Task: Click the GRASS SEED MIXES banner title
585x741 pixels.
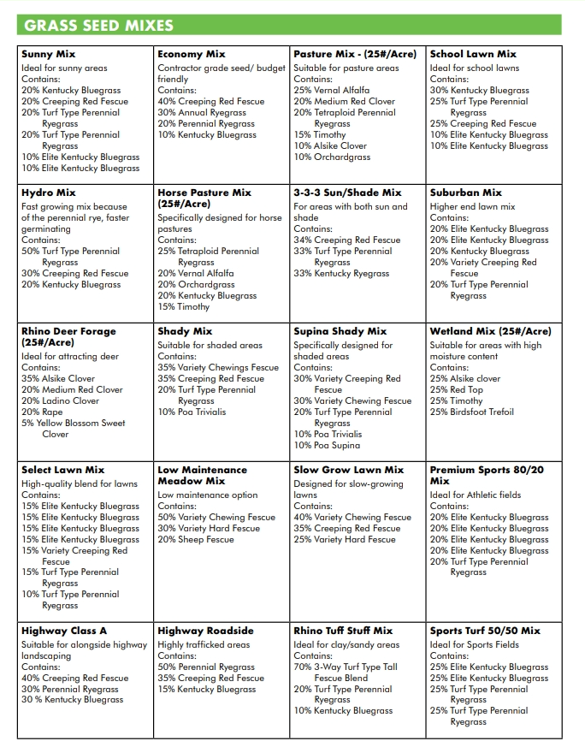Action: point(99,25)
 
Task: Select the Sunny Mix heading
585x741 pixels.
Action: point(48,54)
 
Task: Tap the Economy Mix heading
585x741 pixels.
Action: point(191,54)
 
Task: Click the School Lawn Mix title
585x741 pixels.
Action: point(473,54)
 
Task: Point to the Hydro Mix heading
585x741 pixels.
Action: point(49,193)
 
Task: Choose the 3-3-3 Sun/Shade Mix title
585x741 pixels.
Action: point(347,193)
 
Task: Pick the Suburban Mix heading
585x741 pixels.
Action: point(466,193)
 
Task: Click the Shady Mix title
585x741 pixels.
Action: point(185,331)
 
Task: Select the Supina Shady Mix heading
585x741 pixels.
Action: point(340,331)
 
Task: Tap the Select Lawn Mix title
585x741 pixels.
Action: point(63,470)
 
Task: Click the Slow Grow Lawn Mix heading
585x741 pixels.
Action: point(349,470)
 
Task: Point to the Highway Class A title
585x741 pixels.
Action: point(64,631)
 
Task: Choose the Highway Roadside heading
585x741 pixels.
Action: point(205,631)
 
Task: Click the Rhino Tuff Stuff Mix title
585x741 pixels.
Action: point(343,631)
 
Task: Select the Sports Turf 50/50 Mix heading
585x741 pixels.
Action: point(485,631)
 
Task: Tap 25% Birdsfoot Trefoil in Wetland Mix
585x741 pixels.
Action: point(472,412)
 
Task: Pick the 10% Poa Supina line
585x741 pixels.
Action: point(327,445)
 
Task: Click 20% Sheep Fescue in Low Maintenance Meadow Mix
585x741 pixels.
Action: point(196,539)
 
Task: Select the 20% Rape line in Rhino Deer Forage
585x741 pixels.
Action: point(42,412)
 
